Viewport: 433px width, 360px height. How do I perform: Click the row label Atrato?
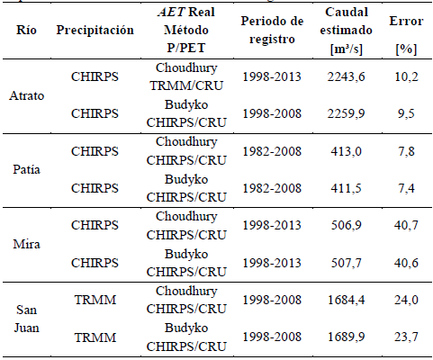click(x=27, y=95)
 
